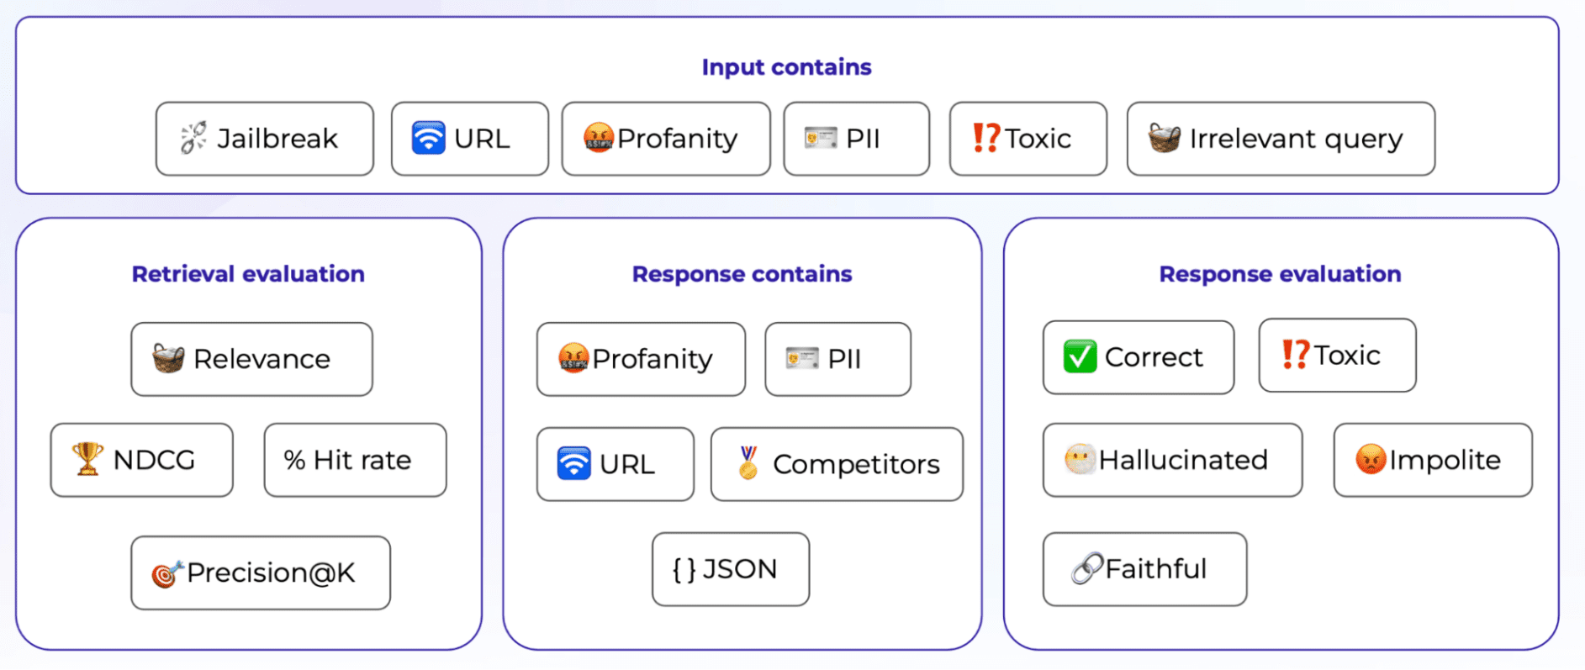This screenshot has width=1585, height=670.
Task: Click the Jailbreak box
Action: [264, 139]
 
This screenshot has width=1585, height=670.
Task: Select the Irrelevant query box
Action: [1280, 139]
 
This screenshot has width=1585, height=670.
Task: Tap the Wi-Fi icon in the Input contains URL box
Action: [428, 138]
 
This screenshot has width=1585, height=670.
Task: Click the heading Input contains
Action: [786, 67]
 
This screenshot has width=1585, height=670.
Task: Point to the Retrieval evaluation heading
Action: [248, 274]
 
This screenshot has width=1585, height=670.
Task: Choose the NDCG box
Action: [141, 460]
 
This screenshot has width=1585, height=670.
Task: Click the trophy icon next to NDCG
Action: [87, 459]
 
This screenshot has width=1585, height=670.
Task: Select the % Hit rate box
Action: [355, 460]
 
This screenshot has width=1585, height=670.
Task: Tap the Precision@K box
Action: [261, 572]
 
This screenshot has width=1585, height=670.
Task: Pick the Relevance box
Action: [251, 359]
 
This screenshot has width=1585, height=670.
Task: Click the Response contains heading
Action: [742, 274]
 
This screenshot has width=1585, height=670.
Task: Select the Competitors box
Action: [837, 464]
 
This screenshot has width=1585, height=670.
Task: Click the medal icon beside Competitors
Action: [748, 463]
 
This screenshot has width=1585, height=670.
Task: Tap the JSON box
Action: [730, 569]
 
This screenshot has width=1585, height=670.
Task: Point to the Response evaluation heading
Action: [1280, 274]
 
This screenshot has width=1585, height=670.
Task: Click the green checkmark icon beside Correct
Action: [1080, 356]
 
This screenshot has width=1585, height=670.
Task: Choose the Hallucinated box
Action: [1172, 460]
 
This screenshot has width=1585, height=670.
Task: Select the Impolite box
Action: [1432, 460]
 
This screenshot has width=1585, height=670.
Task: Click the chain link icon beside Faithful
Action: [1086, 569]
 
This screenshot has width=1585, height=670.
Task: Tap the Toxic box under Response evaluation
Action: [1337, 356]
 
